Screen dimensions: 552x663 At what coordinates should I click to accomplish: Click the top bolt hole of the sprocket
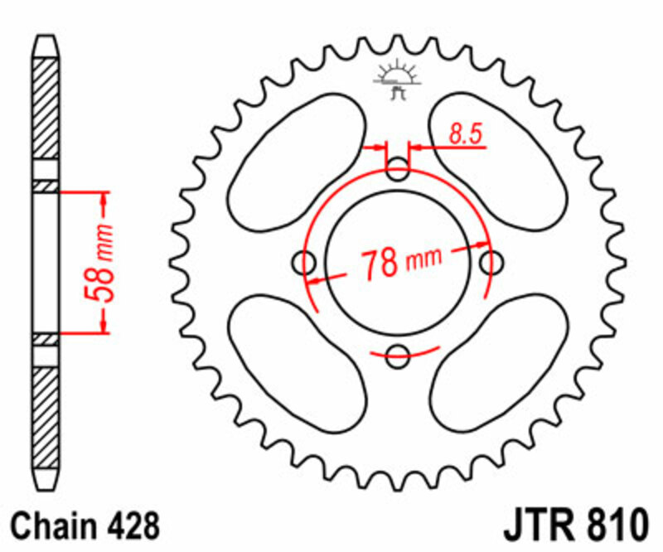(399, 173)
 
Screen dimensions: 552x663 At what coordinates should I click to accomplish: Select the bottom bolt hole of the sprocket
(399, 357)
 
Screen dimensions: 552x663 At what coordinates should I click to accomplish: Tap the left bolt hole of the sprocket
(307, 264)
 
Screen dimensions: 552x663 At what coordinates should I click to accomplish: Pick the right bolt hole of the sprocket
(491, 264)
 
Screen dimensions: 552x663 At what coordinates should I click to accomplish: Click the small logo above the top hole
(397, 80)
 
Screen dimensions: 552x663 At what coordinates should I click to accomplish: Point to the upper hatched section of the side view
(46, 116)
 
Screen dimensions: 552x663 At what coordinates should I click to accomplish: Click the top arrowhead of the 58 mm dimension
(103, 198)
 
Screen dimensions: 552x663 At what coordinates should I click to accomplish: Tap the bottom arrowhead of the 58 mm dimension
(103, 327)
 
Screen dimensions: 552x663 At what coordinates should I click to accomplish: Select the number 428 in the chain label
(132, 525)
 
